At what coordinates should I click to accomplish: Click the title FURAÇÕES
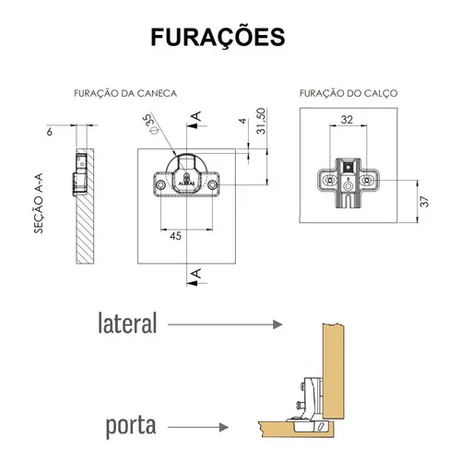[x=218, y=37]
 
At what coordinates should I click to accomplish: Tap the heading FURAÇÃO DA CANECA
[x=125, y=93]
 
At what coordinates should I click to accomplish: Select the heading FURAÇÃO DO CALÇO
[x=349, y=93]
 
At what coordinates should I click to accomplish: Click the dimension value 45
[x=175, y=236]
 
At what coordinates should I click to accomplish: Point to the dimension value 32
[x=347, y=120]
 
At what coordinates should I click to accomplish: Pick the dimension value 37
[x=424, y=202]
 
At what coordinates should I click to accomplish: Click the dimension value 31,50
[x=261, y=121]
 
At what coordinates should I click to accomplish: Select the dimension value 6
[x=50, y=132]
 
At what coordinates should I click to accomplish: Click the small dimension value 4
[x=243, y=121]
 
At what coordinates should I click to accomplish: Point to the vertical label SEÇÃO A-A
[x=39, y=204]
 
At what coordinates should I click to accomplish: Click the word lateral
[x=127, y=323]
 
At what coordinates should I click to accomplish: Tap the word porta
[x=131, y=426]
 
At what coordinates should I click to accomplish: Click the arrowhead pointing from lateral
[x=278, y=325]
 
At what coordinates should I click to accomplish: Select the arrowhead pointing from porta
[x=224, y=427]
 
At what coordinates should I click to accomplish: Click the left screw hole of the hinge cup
[x=160, y=184]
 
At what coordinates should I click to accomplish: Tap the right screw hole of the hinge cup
[x=212, y=184]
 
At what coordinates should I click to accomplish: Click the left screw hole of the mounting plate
[x=330, y=180]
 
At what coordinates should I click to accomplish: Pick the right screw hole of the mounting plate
[x=366, y=180]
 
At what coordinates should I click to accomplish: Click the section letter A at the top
[x=196, y=116]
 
